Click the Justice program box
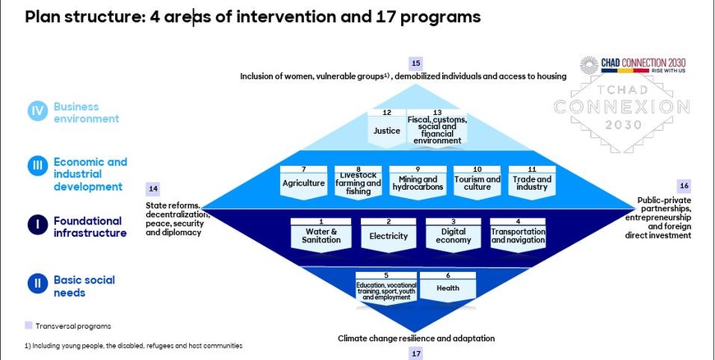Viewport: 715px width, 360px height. pos(387,127)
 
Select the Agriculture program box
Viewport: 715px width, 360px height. pos(303,180)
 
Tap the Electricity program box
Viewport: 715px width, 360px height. pos(389,233)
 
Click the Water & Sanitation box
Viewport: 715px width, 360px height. pos(321,233)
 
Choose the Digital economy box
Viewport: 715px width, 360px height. pos(453,233)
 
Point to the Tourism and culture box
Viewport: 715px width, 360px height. pos(477,180)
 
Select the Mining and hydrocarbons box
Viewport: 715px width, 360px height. pos(417,180)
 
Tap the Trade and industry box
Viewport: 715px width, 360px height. pos(532,180)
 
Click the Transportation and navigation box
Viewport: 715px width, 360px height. pos(518,233)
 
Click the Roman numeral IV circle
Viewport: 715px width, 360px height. pos(38,112)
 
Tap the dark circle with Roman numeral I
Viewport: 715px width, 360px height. pos(38,225)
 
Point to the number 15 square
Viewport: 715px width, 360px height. pos(416,63)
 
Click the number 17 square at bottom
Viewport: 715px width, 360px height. pos(416,353)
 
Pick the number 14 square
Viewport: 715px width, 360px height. pos(153,188)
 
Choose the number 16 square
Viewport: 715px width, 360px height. pos(684,186)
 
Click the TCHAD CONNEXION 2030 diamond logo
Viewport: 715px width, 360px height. pos(622,107)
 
